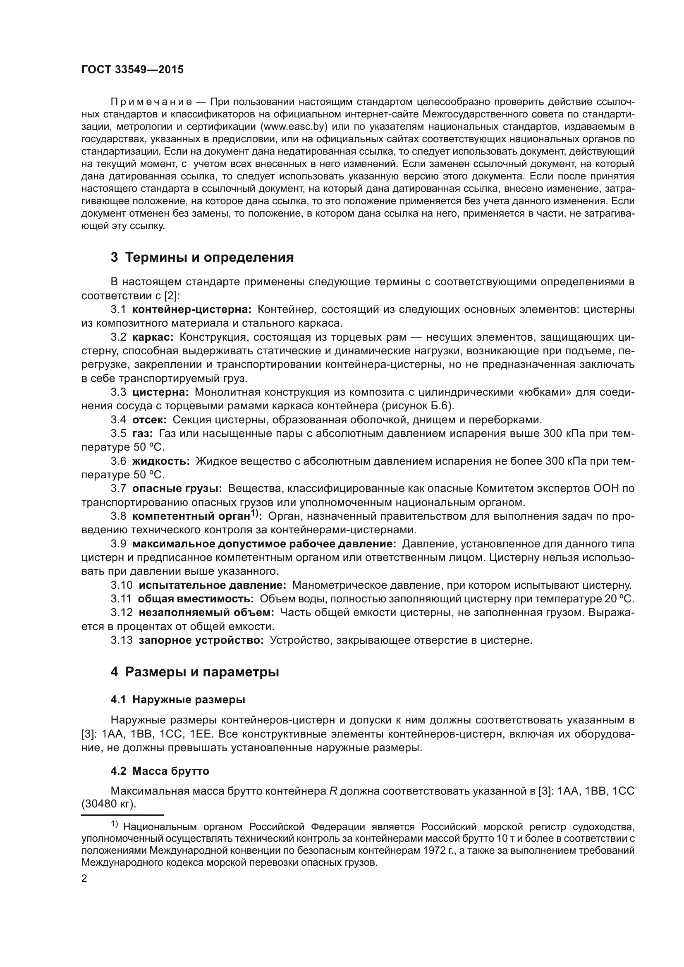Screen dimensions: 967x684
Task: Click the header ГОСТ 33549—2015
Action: [x=132, y=70]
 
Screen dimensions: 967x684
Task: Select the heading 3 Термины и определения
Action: [x=202, y=257]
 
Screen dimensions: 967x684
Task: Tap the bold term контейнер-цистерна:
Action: [x=191, y=310]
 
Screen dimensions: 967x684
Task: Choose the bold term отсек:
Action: [x=150, y=420]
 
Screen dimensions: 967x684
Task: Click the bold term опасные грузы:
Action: [x=177, y=489]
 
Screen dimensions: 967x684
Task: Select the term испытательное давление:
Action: [x=212, y=585]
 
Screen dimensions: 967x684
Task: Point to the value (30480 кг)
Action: [x=109, y=804]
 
